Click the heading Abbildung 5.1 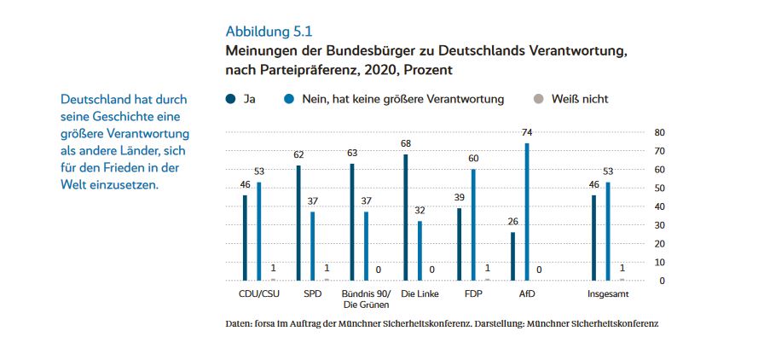tap(269, 32)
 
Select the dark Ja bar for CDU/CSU tap(245, 237)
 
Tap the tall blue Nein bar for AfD tap(527, 212)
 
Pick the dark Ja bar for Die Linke tap(406, 217)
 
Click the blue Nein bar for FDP tap(473, 224)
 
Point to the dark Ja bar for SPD tap(298, 223)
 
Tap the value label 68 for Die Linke tap(406, 143)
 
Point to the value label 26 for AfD tap(513, 222)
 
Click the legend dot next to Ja tap(230, 99)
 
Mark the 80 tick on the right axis tap(659, 132)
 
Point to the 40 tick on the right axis tap(659, 206)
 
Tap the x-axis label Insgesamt tap(609, 294)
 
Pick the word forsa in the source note tap(269, 325)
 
